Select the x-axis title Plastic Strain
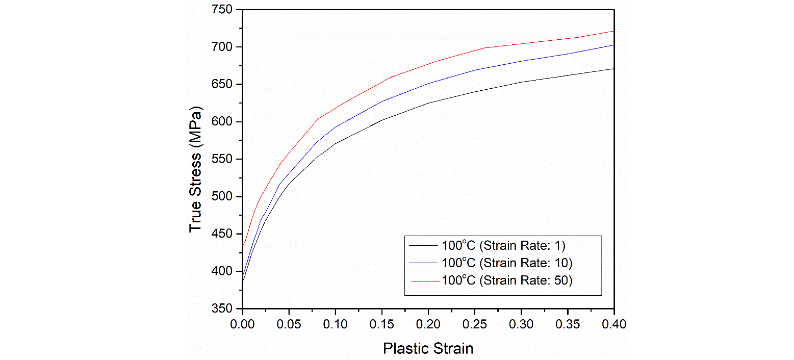coord(428,349)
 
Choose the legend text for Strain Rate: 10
coord(507,263)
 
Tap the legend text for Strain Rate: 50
coord(507,280)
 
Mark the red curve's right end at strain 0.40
coord(613,31)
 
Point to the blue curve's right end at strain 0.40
coord(613,45)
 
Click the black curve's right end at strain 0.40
coord(613,68)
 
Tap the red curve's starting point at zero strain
coord(243,244)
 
